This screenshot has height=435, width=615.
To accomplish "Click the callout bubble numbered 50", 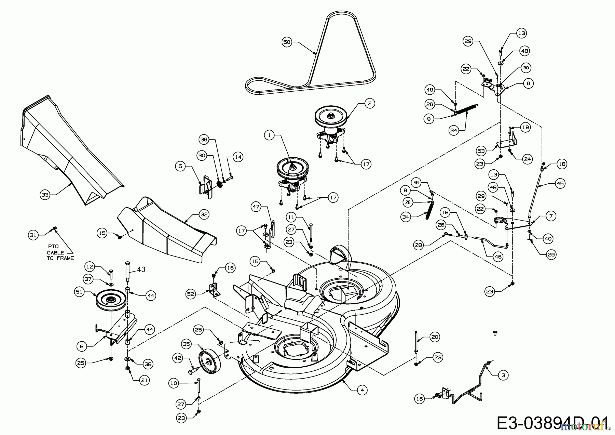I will coord(287,42).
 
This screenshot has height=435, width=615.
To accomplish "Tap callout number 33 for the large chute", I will coord(45,195).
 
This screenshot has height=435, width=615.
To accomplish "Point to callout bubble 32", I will coord(204,214).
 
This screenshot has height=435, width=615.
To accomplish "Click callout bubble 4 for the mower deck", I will coord(363,390).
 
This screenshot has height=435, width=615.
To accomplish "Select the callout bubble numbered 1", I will coord(269,136).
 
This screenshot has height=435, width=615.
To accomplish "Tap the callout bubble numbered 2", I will coord(370,103).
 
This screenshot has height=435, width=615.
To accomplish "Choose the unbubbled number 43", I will coord(141,269).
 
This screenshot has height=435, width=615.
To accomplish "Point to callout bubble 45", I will coord(560,184).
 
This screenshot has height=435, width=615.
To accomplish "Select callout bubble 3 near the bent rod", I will coord(503,375).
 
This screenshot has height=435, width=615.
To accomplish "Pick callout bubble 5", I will coord(180,167).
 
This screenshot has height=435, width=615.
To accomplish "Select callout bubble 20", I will coord(434,337).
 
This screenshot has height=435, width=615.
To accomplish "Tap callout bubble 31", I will coord(33,235).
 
